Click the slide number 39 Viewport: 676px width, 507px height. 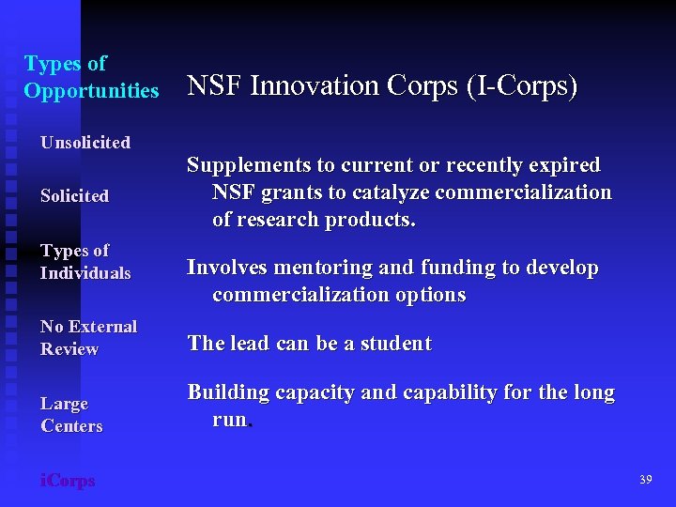point(645,480)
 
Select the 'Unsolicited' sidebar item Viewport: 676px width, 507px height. point(84,143)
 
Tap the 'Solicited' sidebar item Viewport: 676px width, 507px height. point(74,196)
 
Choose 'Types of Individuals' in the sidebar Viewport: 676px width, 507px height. point(84,262)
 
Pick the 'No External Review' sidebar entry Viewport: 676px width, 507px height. point(88,338)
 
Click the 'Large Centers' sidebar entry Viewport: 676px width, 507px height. point(71,415)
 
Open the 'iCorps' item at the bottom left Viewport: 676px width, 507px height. point(68,481)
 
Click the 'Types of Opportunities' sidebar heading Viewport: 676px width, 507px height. point(91,77)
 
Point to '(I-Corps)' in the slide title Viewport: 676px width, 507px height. point(523,86)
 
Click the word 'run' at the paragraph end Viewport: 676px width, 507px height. point(229,420)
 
